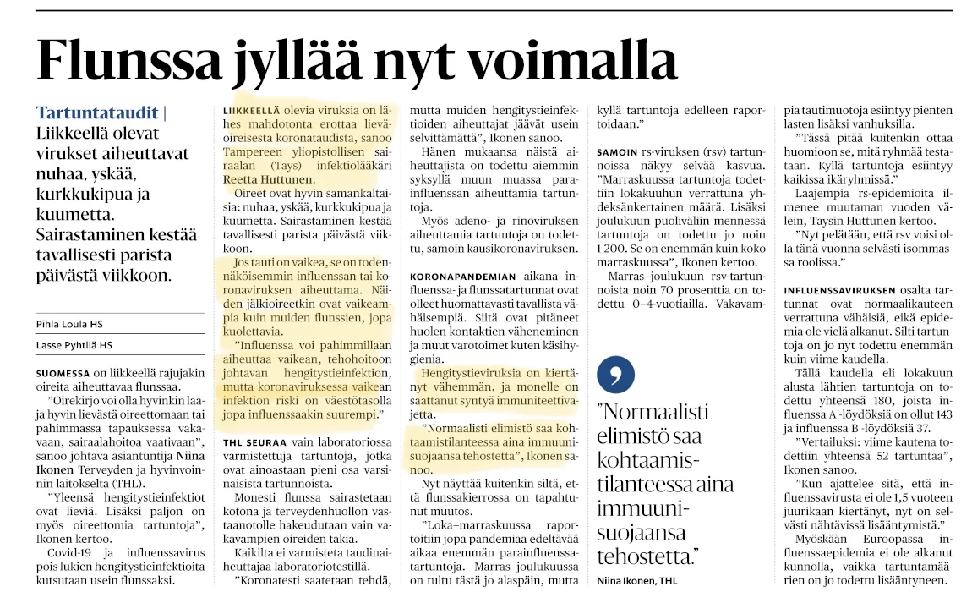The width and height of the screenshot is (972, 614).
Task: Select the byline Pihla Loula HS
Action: (x=75, y=323)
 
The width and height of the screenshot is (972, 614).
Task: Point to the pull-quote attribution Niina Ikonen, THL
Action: (x=638, y=580)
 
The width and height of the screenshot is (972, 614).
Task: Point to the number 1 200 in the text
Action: (x=613, y=247)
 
